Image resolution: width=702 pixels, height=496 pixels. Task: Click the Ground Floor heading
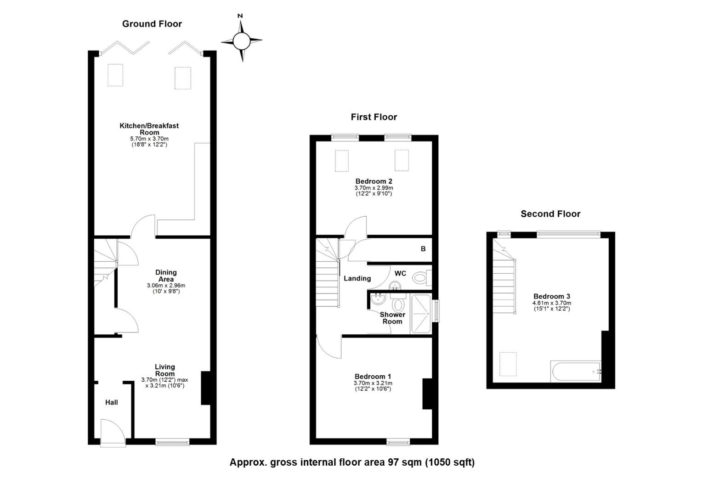click(152, 24)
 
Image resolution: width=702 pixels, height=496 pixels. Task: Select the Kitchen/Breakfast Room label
click(149, 129)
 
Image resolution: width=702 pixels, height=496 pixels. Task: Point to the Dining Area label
click(166, 276)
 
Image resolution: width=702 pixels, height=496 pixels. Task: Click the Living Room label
click(165, 370)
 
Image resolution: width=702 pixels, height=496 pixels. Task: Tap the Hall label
click(112, 402)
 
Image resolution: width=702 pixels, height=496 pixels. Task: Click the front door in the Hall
click(113, 433)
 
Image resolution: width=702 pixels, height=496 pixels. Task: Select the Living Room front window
click(172, 442)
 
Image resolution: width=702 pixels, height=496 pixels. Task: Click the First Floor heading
click(374, 117)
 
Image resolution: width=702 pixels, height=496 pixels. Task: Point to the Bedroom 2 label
click(374, 181)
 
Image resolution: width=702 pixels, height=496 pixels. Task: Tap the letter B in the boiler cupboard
click(423, 249)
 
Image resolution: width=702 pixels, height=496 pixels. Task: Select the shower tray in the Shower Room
click(421, 313)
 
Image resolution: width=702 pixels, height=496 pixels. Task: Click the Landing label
click(357, 278)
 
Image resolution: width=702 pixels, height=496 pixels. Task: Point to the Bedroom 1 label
click(373, 376)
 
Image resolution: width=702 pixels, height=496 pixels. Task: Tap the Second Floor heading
click(551, 214)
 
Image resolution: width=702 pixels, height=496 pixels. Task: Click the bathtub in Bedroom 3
click(576, 372)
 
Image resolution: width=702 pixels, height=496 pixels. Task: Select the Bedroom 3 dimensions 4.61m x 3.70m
click(552, 303)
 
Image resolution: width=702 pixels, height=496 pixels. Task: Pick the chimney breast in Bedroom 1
click(427, 394)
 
